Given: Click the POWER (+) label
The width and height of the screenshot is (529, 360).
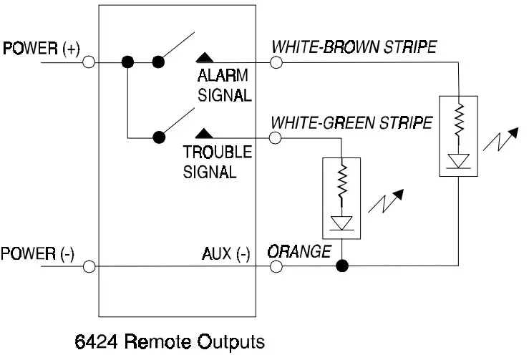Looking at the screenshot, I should click(x=42, y=49).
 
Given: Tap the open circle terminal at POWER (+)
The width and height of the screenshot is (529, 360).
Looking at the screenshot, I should click(x=89, y=62).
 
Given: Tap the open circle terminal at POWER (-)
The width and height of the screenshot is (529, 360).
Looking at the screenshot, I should click(x=89, y=267).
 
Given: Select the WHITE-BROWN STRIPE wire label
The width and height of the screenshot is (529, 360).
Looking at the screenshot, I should click(x=354, y=47).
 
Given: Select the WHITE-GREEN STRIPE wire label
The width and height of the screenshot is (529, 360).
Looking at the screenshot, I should click(x=351, y=123).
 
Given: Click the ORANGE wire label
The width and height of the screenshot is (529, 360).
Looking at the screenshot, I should click(x=299, y=251).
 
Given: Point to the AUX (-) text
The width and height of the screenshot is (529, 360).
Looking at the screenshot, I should click(x=226, y=253).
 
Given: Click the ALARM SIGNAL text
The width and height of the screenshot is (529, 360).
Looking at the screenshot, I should click(x=224, y=85).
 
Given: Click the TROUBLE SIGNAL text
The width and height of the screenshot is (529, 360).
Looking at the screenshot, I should click(x=218, y=162).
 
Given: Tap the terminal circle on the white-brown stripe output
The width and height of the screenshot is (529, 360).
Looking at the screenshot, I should click(x=276, y=62).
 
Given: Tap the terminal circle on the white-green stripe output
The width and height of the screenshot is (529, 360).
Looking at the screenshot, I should click(x=276, y=138).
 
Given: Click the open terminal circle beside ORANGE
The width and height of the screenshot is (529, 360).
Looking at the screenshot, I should click(x=276, y=267).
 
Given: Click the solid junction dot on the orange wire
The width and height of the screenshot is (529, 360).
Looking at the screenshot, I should click(x=342, y=267).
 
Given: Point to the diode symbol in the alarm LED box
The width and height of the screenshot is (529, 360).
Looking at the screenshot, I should click(x=458, y=160).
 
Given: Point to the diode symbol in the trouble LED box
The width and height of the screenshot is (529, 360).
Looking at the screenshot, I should click(x=342, y=221).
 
